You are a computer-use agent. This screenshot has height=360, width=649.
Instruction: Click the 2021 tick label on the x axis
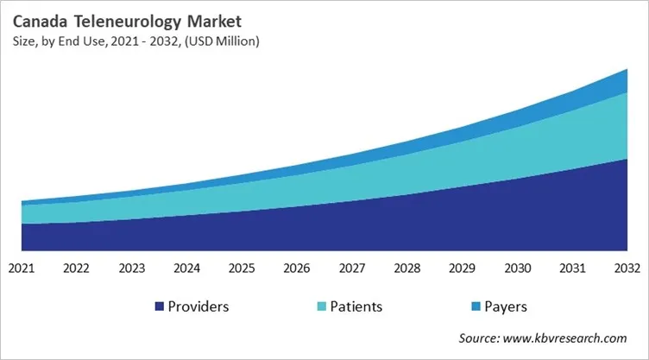(x=22, y=268)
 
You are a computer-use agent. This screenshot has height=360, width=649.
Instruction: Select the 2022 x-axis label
(x=77, y=268)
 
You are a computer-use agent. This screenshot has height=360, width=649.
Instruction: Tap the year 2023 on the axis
(x=132, y=268)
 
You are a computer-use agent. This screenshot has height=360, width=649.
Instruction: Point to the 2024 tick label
(x=186, y=268)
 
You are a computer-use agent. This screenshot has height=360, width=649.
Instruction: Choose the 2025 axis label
(x=242, y=268)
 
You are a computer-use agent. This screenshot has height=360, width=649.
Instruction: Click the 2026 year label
(x=297, y=268)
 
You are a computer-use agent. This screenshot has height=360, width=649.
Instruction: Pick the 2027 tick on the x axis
(x=351, y=268)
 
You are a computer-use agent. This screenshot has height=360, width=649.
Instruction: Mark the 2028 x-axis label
(x=406, y=268)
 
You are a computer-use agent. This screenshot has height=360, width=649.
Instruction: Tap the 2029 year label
(x=462, y=268)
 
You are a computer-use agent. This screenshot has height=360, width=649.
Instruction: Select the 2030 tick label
(x=516, y=268)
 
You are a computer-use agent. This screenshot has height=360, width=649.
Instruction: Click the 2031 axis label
(x=571, y=268)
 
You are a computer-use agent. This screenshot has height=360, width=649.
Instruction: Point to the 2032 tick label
(x=626, y=268)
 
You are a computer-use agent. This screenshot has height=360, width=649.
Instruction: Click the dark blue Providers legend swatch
(x=159, y=306)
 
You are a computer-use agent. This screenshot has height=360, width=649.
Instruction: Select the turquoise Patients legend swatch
(x=322, y=306)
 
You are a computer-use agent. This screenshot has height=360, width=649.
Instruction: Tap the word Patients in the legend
(x=356, y=306)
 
